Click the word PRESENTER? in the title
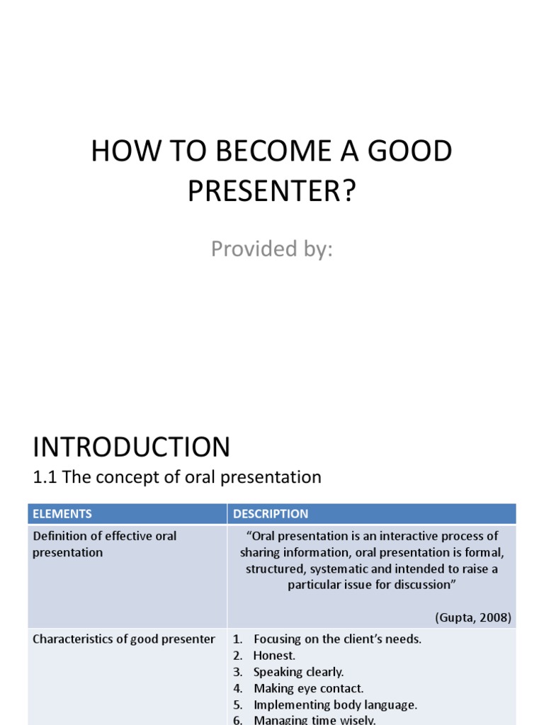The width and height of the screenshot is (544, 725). (271, 192)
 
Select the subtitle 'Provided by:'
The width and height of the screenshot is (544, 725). (271, 249)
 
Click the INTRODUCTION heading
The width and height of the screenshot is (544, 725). (131, 447)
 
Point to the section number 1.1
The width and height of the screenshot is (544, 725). (45, 477)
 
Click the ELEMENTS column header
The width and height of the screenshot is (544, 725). (62, 514)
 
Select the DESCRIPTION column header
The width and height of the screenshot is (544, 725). (271, 514)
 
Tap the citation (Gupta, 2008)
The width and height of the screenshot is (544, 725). (473, 617)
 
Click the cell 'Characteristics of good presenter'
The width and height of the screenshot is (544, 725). (124, 639)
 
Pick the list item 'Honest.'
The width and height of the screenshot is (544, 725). (274, 656)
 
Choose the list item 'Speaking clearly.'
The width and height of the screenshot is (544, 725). (298, 672)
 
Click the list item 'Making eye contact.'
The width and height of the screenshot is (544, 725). (308, 688)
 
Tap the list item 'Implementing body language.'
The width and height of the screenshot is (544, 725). (335, 704)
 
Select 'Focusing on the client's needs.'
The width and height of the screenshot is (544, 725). (337, 639)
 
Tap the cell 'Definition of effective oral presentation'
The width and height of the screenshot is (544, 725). (105, 544)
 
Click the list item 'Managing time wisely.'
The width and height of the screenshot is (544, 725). (314, 719)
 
